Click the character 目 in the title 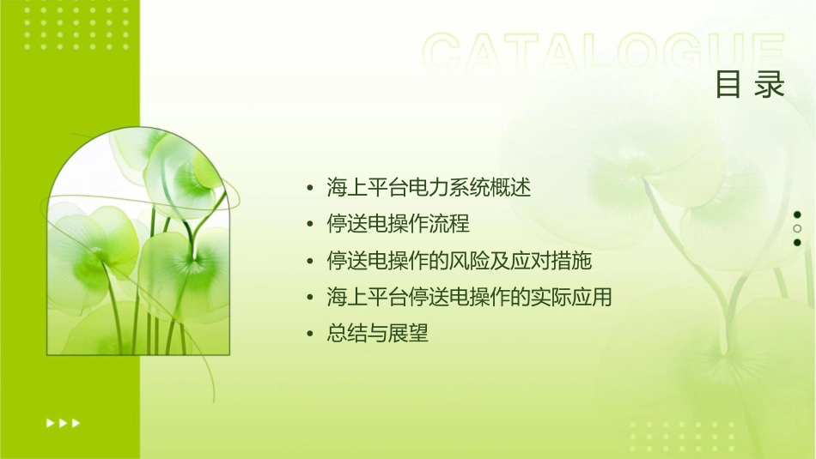coord(728,84)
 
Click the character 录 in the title coord(770,84)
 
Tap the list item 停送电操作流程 coord(399,223)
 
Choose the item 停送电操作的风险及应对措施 coord(460,260)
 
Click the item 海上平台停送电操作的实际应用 coord(469,297)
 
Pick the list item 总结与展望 coord(377,334)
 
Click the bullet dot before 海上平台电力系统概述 coord(309,187)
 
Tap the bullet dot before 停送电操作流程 coord(309,224)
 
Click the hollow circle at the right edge coord(797,228)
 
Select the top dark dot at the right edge coord(797,214)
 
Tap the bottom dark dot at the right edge coord(797,243)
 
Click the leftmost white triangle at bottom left coord(50,422)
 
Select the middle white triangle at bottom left coord(63,422)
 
